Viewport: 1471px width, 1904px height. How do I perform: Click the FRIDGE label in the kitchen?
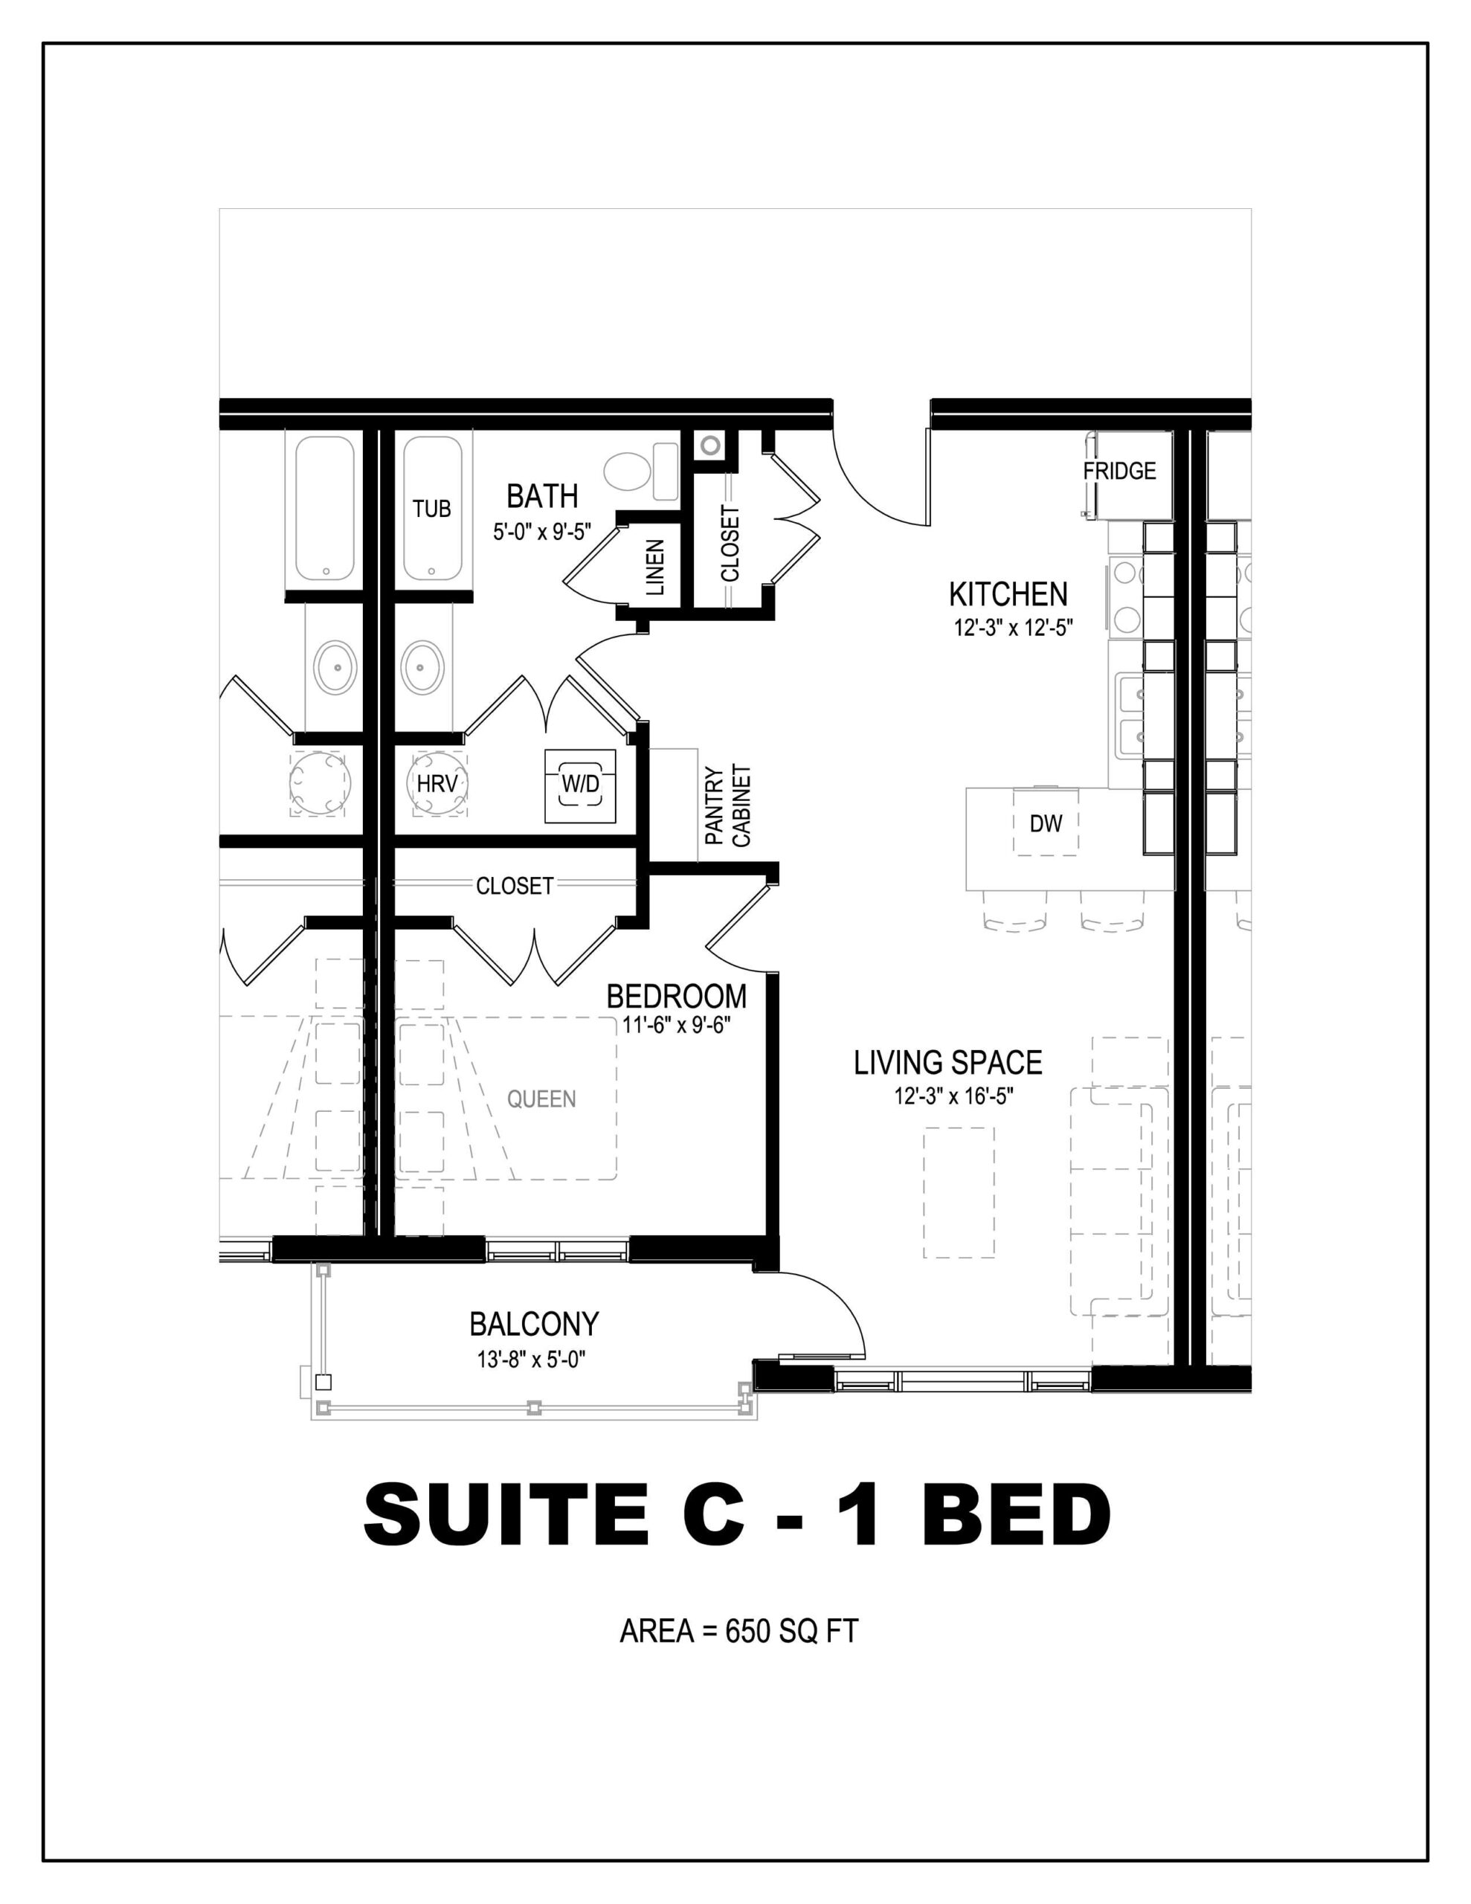1118,471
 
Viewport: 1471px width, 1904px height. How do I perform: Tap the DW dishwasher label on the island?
1046,823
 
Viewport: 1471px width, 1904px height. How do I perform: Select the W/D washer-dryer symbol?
581,785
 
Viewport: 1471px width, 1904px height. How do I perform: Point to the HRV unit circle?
437,784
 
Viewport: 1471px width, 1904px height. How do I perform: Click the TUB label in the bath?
431,508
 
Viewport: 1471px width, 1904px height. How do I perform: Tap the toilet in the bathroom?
641,472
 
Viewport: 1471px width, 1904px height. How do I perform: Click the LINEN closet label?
656,567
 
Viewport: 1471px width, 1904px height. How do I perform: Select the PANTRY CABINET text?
727,805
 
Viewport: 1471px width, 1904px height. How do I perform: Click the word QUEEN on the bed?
541,1099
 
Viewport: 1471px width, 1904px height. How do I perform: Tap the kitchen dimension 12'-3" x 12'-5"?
1012,627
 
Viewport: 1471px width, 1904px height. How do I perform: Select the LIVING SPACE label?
948,1063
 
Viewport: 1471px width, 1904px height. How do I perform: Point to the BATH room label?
542,496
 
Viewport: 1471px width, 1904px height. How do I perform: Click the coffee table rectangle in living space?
959,1191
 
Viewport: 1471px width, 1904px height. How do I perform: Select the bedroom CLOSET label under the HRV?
515,886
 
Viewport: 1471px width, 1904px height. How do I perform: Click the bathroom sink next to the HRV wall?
421,667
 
